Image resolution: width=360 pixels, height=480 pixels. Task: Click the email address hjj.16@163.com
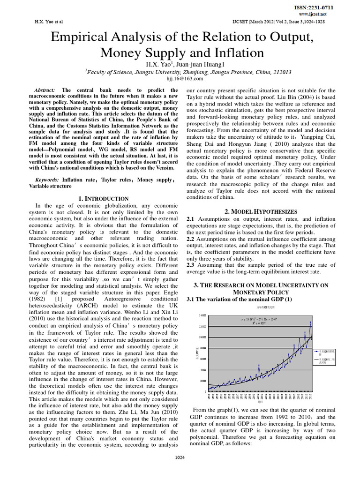pyautogui.click(x=180, y=79)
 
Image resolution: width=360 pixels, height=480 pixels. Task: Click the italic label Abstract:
pyautogui.click(x=45, y=90)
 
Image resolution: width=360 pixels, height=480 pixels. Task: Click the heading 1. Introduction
pyautogui.click(x=102, y=199)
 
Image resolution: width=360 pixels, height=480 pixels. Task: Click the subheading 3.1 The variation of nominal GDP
pyautogui.click(x=239, y=299)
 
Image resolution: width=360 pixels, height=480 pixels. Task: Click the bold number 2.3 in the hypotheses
pyautogui.click(x=191, y=264)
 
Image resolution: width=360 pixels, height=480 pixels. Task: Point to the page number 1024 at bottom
pyautogui.click(x=180, y=470)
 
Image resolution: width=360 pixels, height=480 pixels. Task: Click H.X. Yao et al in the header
pyautogui.click(x=49, y=22)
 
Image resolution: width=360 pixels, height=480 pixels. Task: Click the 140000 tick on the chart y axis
pyautogui.click(x=202, y=315)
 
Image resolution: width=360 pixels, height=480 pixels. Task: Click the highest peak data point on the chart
pyautogui.click(x=310, y=322)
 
